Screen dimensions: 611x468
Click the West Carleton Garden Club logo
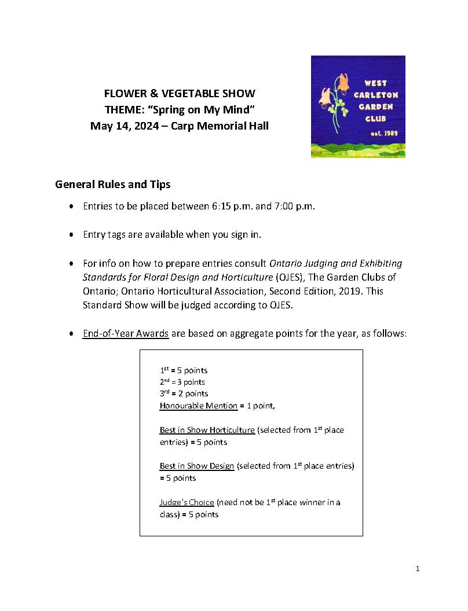[x=358, y=106]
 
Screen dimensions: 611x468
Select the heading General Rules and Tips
[x=112, y=185]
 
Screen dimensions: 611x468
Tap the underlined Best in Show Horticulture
[x=207, y=430]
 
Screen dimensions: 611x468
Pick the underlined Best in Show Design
[x=197, y=466]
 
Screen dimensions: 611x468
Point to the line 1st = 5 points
[x=183, y=370]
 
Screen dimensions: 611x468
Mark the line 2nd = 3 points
[x=182, y=382]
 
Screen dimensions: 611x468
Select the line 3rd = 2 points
[x=183, y=393]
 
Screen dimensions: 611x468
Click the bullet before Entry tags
[x=71, y=235]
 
